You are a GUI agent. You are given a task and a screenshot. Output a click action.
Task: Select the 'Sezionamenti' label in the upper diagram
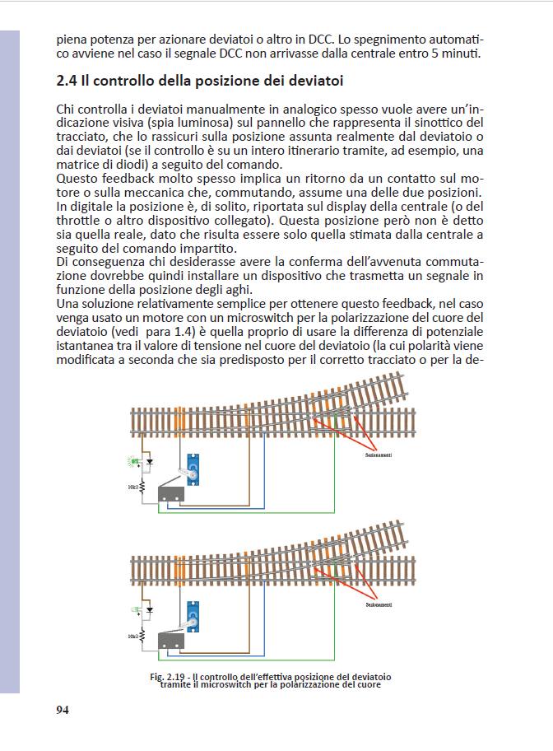[379, 455]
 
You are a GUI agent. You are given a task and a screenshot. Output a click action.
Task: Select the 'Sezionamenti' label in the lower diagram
[379, 605]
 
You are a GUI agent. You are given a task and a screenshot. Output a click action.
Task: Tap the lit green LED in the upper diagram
[132, 460]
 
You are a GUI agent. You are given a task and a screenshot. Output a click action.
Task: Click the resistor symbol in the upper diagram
[142, 487]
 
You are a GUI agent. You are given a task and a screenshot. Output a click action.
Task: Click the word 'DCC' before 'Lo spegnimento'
[321, 40]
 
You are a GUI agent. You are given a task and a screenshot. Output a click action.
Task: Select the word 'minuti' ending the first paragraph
[458, 54]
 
